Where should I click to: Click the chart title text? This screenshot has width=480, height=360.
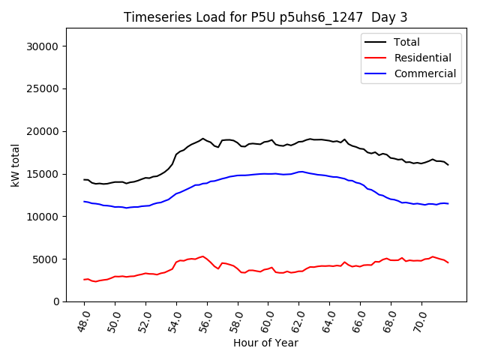pos(265,17)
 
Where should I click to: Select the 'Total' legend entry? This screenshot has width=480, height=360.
pos(406,42)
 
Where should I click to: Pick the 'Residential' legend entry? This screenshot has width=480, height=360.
pos(422,58)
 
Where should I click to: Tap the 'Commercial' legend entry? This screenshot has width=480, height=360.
pos(424,73)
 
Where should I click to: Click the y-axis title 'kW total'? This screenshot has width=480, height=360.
pos(16,165)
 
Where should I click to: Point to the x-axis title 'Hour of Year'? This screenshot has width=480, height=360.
pos(265,343)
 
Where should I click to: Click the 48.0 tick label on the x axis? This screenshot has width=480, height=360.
pos(82,318)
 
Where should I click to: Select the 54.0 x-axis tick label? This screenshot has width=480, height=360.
pos(174,318)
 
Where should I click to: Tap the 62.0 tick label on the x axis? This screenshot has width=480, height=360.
pos(296,318)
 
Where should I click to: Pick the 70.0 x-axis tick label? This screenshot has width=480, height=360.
pos(419,318)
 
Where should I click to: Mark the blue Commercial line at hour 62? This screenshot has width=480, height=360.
pos(299,172)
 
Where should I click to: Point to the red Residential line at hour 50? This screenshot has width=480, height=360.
pos(115,277)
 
